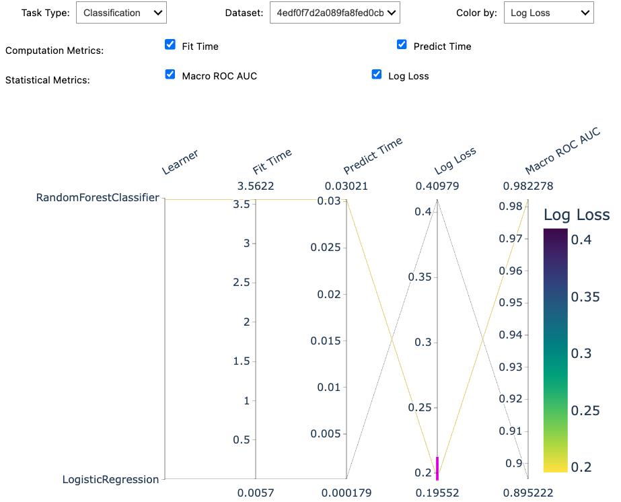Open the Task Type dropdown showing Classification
click(x=121, y=13)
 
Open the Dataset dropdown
click(x=334, y=13)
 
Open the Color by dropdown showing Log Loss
click(x=548, y=13)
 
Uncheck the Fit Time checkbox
click(x=170, y=45)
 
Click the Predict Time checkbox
click(x=402, y=45)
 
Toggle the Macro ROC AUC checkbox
click(x=170, y=75)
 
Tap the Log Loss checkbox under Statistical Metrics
click(x=377, y=75)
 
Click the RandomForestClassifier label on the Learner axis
click(x=98, y=198)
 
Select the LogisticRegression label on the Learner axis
click(x=110, y=480)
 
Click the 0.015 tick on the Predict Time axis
click(x=326, y=340)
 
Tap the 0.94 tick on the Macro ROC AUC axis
click(x=510, y=335)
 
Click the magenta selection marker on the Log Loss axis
click(x=437, y=468)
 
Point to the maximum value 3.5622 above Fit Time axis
click(x=256, y=186)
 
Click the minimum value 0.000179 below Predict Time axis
click(x=346, y=493)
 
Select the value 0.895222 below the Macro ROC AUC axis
click(x=528, y=493)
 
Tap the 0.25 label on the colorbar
click(x=585, y=410)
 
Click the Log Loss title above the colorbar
click(x=576, y=215)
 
